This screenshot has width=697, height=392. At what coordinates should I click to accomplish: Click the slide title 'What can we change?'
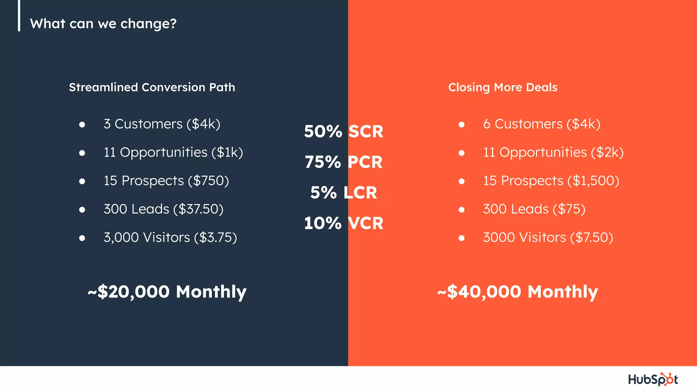pyautogui.click(x=103, y=24)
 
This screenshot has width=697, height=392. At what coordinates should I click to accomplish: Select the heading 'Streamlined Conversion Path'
pyautogui.click(x=152, y=87)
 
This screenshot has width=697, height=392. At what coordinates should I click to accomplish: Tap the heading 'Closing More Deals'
pyautogui.click(x=503, y=87)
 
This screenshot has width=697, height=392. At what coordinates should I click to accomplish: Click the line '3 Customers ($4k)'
pyautogui.click(x=162, y=124)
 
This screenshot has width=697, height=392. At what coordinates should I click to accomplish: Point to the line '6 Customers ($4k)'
pyautogui.click(x=541, y=124)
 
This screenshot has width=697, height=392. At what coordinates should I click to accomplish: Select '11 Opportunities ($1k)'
pyautogui.click(x=173, y=152)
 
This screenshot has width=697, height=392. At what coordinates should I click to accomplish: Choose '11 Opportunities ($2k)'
pyautogui.click(x=553, y=152)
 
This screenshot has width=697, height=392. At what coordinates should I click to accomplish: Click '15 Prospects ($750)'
pyautogui.click(x=166, y=181)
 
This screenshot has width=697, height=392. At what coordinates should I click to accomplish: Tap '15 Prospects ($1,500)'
pyautogui.click(x=551, y=181)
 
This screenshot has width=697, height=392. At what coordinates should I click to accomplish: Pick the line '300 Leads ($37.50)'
pyautogui.click(x=163, y=209)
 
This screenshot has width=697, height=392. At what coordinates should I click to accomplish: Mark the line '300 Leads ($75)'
pyautogui.click(x=534, y=209)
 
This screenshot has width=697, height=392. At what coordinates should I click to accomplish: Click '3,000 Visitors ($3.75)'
pyautogui.click(x=170, y=238)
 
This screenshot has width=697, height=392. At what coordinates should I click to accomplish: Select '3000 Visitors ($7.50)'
pyautogui.click(x=548, y=238)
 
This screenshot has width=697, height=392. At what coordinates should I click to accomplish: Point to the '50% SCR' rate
pyautogui.click(x=344, y=132)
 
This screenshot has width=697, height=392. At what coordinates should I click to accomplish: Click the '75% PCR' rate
pyautogui.click(x=344, y=162)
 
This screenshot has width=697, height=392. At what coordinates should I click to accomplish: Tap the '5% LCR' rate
pyautogui.click(x=344, y=193)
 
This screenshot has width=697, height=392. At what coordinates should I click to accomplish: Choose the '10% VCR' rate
pyautogui.click(x=344, y=223)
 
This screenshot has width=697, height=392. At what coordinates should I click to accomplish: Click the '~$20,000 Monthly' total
pyautogui.click(x=167, y=292)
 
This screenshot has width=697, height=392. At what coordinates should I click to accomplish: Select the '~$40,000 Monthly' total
pyautogui.click(x=518, y=292)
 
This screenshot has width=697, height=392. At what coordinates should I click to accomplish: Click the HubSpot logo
pyautogui.click(x=653, y=379)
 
